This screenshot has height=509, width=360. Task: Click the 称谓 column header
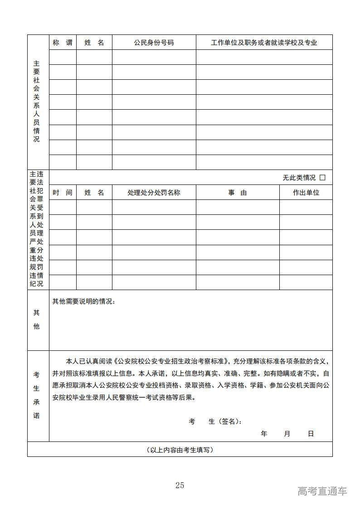pos(63,43)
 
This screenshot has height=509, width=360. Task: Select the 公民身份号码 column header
pos(154,43)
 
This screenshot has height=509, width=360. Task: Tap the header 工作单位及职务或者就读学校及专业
pos(264,43)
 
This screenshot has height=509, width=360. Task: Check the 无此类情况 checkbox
pos(322,178)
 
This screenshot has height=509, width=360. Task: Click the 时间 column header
pos(63,193)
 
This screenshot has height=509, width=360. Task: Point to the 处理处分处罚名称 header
pos(154,193)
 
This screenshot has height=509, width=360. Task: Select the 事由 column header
pos(237,193)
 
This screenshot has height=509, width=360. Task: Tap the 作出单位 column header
pos(306,193)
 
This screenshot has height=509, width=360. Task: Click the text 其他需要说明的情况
pos(83,301)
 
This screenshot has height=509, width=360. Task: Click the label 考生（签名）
pos(215,422)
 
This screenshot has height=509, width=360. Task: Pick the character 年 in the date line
pos(264,434)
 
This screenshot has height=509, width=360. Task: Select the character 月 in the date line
pos(287,434)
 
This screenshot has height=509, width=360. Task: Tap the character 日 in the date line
pos(311,434)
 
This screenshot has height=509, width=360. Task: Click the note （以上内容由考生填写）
pos(180,450)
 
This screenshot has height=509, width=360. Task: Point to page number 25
pos(180,485)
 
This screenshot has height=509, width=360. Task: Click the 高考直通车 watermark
pos(322,491)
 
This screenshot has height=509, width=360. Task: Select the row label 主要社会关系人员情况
pos(36,102)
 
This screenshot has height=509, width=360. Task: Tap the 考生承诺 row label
pos(36,395)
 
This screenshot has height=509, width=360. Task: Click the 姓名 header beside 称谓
pos(94,43)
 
